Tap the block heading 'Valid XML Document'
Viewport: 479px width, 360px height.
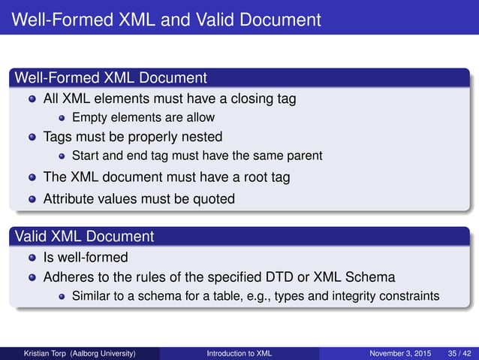(84, 237)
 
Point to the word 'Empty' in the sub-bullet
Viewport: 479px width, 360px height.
(89, 117)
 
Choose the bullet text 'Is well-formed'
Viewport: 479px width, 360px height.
(86, 258)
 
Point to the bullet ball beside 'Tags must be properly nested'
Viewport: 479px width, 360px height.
(32, 138)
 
